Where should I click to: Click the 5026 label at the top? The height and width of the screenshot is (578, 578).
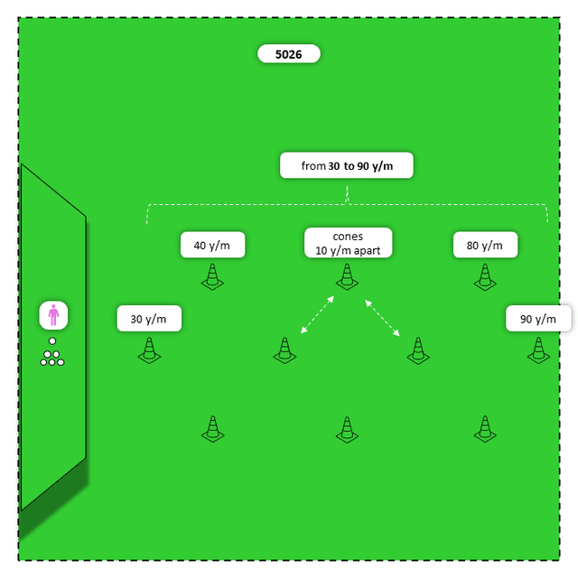[289, 54]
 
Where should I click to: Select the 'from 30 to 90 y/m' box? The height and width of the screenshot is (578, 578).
[347, 166]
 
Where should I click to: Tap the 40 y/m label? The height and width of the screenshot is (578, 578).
[212, 245]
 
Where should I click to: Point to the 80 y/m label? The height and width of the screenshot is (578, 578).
[485, 245]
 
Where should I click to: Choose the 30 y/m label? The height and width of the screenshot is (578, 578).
[149, 319]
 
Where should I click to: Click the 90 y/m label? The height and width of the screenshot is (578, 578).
[538, 319]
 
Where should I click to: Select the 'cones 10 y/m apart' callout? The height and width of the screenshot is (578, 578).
[348, 243]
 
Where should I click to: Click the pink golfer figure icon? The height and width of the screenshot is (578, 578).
[53, 315]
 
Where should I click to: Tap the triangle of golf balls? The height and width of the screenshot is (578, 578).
[52, 359]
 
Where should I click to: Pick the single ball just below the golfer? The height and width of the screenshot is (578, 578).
[52, 340]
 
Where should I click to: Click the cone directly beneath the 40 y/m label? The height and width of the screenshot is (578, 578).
[212, 277]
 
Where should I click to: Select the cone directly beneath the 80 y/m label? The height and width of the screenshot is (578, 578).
[485, 277]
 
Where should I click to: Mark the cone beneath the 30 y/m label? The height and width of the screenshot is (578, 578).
[149, 350]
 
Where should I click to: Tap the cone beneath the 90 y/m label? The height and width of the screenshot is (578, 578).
[538, 350]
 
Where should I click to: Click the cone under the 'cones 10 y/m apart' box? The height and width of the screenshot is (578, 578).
[348, 277]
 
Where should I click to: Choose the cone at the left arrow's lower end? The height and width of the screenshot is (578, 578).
[284, 350]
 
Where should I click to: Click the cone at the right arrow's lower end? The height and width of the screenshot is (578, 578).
[417, 350]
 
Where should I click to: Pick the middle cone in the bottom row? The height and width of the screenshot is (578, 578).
[348, 430]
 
